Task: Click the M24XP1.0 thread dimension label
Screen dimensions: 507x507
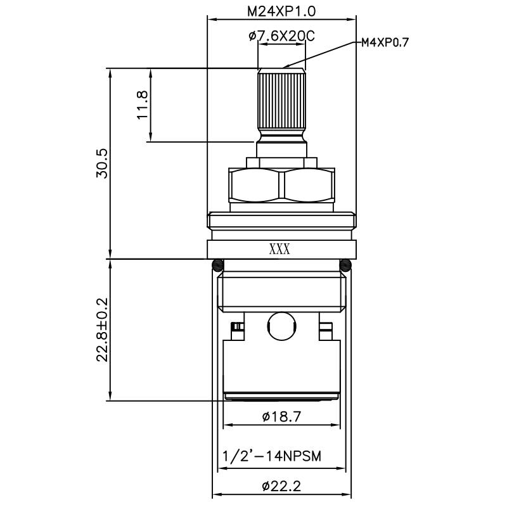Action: pos(282,11)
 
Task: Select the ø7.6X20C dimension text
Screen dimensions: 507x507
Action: pos(282,37)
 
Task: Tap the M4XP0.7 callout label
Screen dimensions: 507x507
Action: pos(385,42)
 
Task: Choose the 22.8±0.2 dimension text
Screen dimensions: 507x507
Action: pos(102,330)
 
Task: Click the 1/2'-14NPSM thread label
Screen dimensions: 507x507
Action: pos(272,456)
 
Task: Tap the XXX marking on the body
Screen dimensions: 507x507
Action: pos(279,249)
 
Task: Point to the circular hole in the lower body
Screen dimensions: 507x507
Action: pos(281,324)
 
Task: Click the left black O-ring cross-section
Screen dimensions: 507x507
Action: pos(217,265)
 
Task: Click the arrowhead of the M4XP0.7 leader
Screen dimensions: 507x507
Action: pos(285,66)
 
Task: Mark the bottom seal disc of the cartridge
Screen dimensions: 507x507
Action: pos(281,397)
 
